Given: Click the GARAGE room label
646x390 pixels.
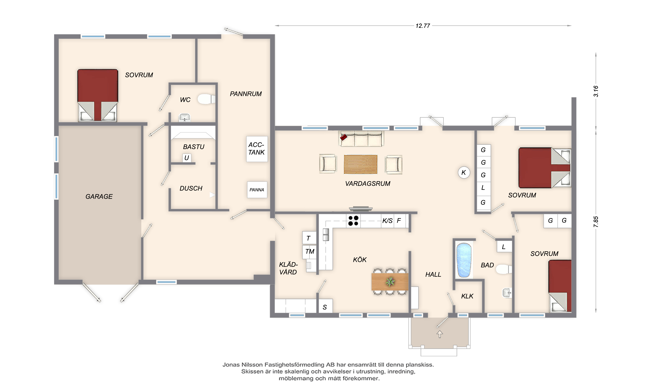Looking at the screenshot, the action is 99,196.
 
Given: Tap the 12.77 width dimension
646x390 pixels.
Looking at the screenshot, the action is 423,26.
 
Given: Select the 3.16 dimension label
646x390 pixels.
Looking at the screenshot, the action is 596,91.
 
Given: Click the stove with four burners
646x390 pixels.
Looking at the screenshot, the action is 353,221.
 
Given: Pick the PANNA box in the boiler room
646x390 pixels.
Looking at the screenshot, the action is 257,190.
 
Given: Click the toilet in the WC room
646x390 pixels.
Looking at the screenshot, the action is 206,99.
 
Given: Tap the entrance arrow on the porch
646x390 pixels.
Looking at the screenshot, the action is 440,334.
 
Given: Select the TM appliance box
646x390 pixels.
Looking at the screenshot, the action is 310,251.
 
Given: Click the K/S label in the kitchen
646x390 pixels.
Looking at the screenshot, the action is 387,221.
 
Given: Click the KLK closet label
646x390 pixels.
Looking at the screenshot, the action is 467,296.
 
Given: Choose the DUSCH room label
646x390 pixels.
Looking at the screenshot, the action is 191,188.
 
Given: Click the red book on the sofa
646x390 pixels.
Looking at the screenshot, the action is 343,137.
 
